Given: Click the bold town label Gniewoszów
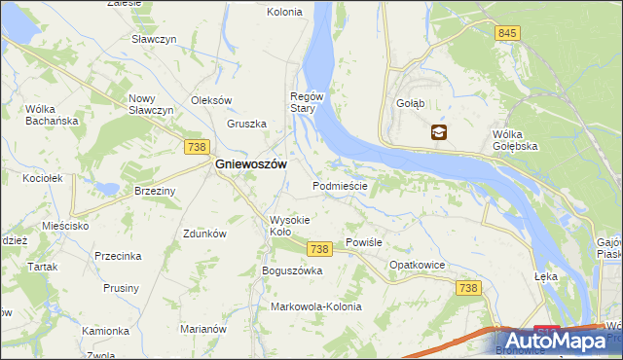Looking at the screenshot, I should point(249,165).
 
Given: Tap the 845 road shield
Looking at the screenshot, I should point(506,33).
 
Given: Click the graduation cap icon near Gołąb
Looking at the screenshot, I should point(439,133).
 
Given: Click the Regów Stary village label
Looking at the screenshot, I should point(306,102).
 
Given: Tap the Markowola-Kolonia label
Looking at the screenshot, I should point(315,306).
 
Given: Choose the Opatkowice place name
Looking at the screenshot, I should point(417,265).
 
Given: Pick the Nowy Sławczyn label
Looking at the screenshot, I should point(150,104).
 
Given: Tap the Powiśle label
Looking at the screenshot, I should point(362,243).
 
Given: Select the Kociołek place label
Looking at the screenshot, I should point(42,179).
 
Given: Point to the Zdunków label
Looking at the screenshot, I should point(204,234).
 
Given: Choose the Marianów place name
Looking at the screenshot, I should point(203,329).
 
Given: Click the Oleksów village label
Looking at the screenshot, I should point(211,100).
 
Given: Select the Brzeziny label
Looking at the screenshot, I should point(155,192).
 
